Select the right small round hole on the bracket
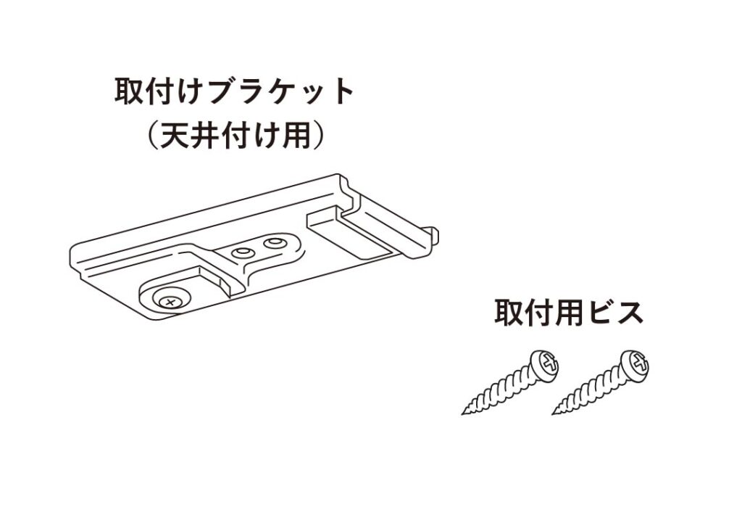point(275,242)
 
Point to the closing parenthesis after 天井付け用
point(317,136)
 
